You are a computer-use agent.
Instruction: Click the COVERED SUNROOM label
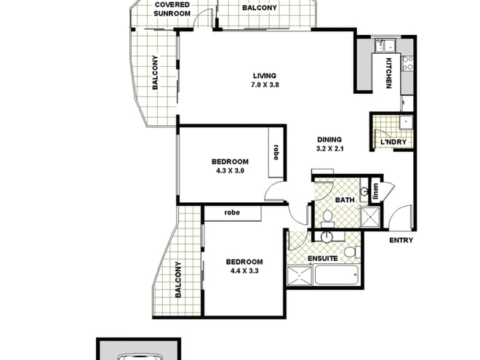coord(172,9)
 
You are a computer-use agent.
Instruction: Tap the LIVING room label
coord(265,75)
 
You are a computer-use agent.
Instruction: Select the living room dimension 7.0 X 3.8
coord(265,84)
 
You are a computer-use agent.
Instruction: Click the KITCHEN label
coord(388,73)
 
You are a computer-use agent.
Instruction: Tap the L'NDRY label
coord(393,143)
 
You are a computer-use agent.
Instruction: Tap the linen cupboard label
coord(376,191)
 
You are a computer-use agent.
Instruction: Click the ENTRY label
coord(401,240)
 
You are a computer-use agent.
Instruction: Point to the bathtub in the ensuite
coord(336,276)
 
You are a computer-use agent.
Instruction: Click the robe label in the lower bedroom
coord(232,213)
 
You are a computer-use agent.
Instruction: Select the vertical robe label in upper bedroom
coord(276,152)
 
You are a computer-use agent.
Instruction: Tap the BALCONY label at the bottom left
coord(178,279)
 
